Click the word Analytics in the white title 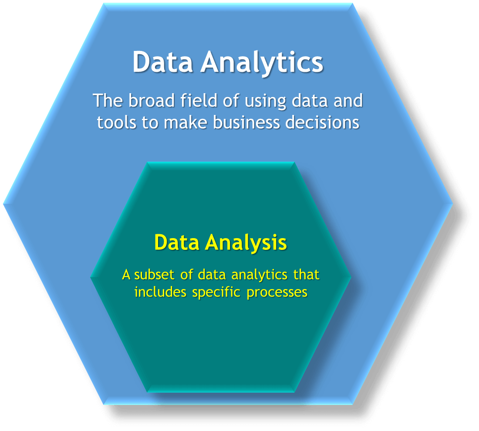pyautogui.click(x=262, y=63)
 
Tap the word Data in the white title pyautogui.click(x=162, y=62)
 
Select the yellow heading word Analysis pyautogui.click(x=246, y=243)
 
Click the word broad pyautogui.click(x=152, y=101)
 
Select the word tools pyautogui.click(x=116, y=122)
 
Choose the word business pyautogui.click(x=246, y=122)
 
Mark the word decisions pyautogui.click(x=322, y=122)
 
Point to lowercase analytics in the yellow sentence pyautogui.click(x=260, y=276)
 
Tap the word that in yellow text pyautogui.click(x=307, y=274)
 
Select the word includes pyautogui.click(x=160, y=292)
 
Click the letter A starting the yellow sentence pyautogui.click(x=126, y=275)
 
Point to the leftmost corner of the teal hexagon pyautogui.click(x=91, y=277)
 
